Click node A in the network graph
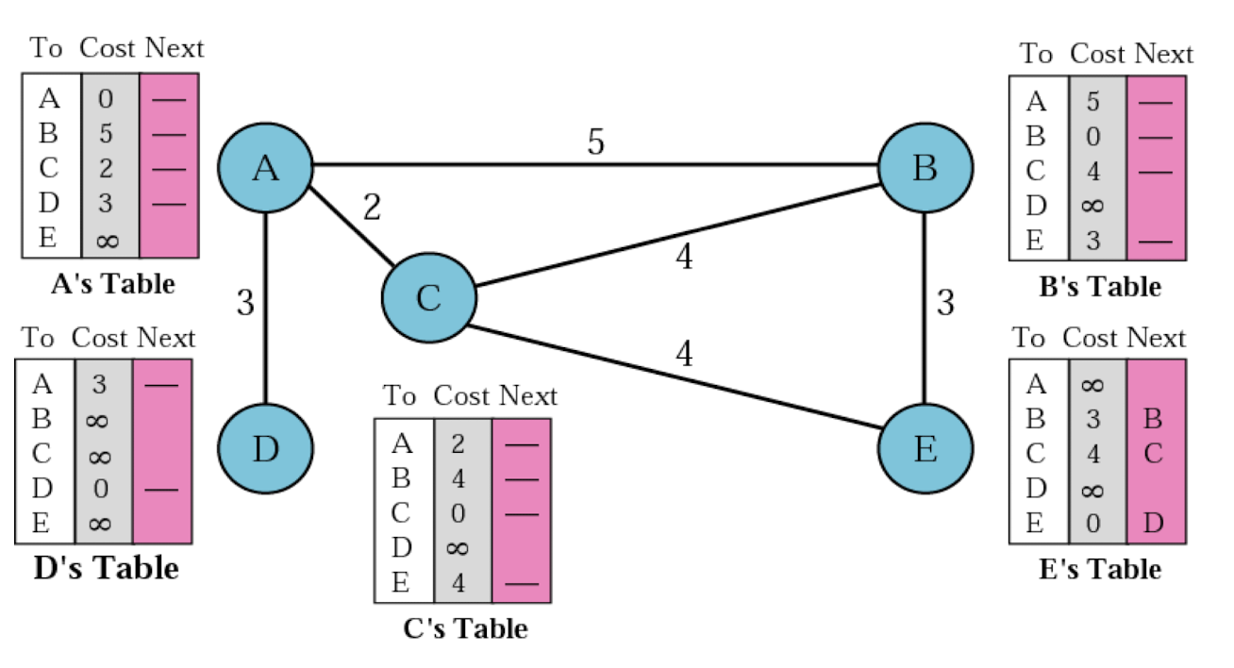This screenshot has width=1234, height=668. [265, 168]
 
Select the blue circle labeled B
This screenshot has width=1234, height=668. [925, 168]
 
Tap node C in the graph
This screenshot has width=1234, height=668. [429, 297]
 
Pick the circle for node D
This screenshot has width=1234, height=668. [265, 449]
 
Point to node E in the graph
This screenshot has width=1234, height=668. [925, 449]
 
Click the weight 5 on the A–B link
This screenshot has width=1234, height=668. [595, 142]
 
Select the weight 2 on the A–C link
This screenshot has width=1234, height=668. [372, 208]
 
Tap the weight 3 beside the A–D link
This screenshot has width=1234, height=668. [245, 302]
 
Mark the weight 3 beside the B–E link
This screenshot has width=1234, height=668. [945, 302]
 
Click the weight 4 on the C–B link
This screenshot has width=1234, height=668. [684, 257]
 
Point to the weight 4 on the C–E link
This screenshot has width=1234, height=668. [684, 353]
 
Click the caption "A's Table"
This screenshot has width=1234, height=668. [113, 284]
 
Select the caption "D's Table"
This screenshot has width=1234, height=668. [107, 568]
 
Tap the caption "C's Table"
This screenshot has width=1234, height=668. [465, 628]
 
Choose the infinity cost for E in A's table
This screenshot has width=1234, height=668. [107, 241]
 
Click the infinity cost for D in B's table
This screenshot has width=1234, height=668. [1092, 206]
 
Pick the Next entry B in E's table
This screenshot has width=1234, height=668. [1153, 419]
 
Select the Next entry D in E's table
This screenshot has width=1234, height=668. [1153, 523]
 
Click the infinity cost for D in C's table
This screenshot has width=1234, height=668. [458, 548]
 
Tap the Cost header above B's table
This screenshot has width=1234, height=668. [1098, 54]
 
